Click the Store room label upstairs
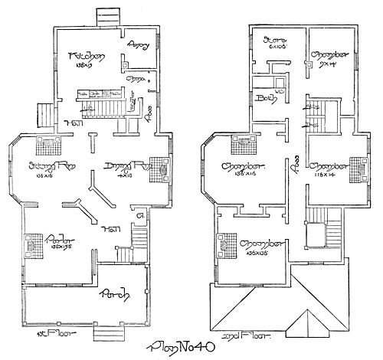tap(273, 39)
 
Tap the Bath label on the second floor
tap(266, 98)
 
